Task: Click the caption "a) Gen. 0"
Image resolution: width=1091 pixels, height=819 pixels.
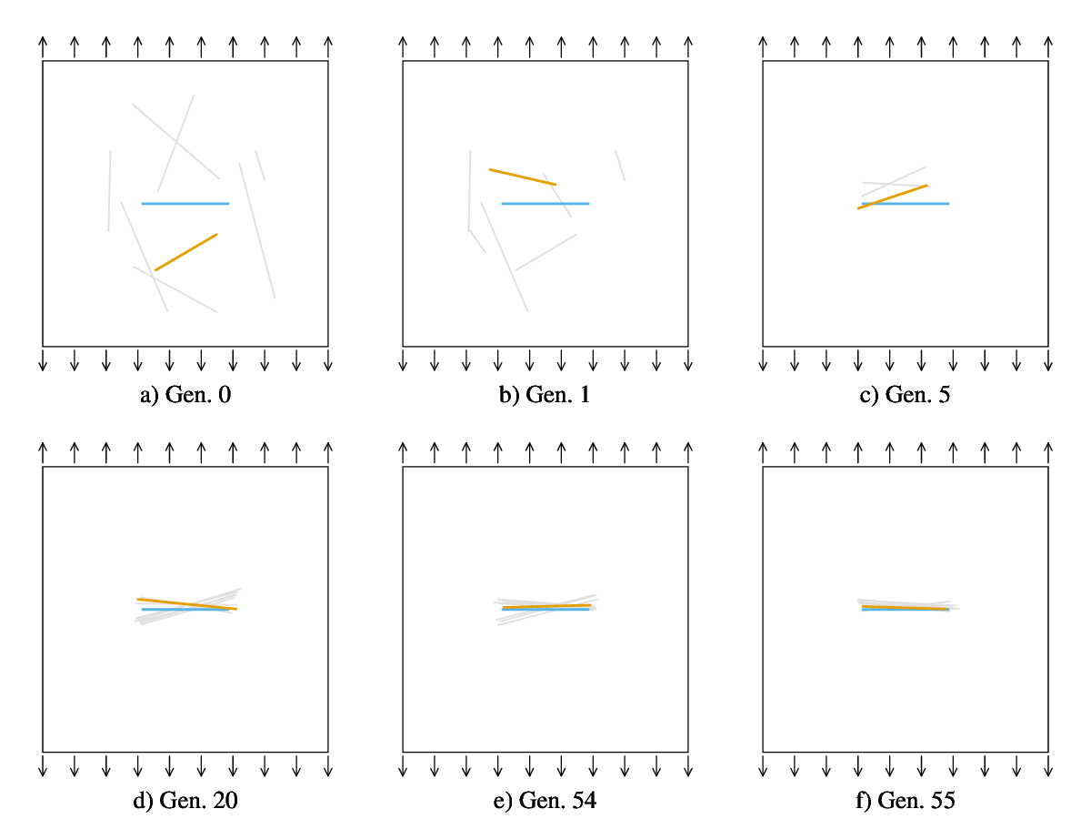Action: coord(185,395)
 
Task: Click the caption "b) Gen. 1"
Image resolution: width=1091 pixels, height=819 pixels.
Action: coord(545,395)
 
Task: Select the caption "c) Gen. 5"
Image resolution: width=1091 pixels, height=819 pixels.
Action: coord(906,395)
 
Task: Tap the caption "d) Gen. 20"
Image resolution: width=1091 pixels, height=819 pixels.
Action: coord(185,801)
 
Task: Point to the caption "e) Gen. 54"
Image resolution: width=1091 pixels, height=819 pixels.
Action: coord(545,801)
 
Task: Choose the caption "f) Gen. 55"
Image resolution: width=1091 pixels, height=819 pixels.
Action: coord(906,801)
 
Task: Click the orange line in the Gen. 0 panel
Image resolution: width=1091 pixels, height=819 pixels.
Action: coord(186,252)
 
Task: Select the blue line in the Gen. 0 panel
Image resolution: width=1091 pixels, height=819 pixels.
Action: coord(185,203)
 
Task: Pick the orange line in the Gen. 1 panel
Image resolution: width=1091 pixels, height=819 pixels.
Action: coord(523,177)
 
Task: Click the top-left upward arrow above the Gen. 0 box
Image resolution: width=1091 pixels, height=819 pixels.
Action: coord(43,48)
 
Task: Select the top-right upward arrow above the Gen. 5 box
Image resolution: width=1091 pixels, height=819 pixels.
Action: coord(1048,48)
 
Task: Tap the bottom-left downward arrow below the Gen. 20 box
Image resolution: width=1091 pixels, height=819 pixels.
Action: coord(43,765)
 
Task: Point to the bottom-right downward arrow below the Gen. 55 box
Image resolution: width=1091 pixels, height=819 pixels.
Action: coord(1048,765)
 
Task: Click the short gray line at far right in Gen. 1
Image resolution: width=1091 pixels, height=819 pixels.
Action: coord(620,166)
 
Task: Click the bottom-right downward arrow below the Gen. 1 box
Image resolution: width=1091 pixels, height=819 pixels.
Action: coord(688,359)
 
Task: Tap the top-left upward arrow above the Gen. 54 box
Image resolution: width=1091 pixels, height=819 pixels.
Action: coord(403,454)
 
